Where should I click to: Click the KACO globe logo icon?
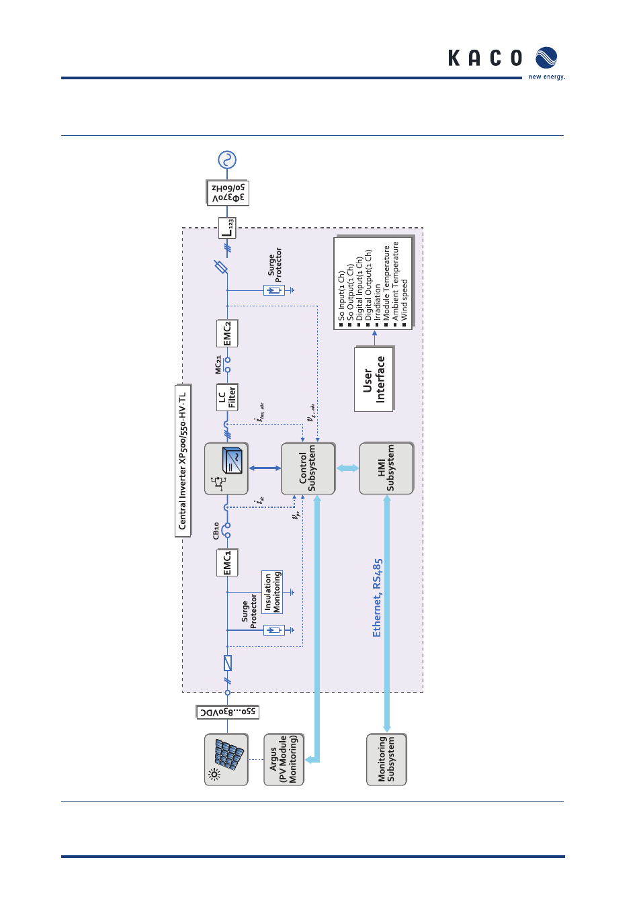[546, 58]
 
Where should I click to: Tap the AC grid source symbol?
[227, 160]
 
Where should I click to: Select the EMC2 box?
[227, 333]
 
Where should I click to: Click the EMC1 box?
[227, 563]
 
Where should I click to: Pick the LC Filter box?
[227, 397]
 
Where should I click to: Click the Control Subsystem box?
[308, 468]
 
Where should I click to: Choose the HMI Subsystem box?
[386, 468]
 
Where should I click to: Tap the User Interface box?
[374, 379]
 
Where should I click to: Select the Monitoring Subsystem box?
[386, 759]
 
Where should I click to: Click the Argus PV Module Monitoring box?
[284, 759]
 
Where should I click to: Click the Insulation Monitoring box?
[272, 592]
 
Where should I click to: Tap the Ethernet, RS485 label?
[377, 597]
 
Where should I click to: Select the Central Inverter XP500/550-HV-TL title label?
[183, 461]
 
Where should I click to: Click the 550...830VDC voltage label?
[228, 712]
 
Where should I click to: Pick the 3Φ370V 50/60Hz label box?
[228, 193]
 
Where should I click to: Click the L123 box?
[228, 228]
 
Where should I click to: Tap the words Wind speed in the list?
[404, 299]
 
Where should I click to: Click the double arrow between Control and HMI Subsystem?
[347, 468]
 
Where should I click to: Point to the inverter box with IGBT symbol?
[226, 468]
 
